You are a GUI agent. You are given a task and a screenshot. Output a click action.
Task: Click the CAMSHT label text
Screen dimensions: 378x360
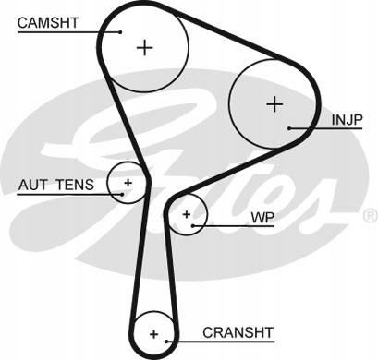click(48, 23)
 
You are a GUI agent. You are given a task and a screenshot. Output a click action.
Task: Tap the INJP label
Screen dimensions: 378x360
click(348, 120)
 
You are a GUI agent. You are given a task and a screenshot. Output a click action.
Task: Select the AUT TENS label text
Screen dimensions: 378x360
click(56, 185)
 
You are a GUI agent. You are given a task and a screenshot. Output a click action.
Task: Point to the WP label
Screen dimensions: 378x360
click(262, 218)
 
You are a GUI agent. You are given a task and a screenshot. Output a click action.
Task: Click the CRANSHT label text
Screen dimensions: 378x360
click(238, 332)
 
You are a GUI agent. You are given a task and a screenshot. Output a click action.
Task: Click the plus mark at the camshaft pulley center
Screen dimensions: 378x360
click(144, 48)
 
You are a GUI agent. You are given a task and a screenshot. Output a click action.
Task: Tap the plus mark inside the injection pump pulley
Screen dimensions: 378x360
click(274, 104)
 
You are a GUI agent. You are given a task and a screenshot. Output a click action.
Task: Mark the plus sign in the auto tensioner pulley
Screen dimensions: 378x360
click(128, 183)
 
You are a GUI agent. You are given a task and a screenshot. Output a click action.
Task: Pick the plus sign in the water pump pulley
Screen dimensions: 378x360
click(187, 214)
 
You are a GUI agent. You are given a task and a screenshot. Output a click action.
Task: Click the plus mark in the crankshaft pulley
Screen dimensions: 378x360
click(153, 334)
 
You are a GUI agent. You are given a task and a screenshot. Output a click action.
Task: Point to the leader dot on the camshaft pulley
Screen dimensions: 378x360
click(120, 32)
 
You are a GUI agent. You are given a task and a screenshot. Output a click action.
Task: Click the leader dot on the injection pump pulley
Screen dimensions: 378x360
click(289, 128)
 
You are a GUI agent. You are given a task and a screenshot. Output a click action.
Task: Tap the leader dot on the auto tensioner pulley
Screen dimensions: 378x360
click(122, 194)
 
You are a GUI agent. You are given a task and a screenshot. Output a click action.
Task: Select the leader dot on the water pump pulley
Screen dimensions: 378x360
click(193, 226)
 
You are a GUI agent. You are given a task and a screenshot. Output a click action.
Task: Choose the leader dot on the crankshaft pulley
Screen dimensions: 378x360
click(166, 342)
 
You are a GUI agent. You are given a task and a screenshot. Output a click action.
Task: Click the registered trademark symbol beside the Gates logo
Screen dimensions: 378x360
click(371, 215)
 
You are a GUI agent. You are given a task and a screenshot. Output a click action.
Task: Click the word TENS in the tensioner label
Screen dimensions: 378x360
click(75, 185)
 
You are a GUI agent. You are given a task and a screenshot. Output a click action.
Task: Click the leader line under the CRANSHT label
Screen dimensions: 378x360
click(220, 342)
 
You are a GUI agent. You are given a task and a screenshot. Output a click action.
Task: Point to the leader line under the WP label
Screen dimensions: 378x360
click(234, 226)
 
